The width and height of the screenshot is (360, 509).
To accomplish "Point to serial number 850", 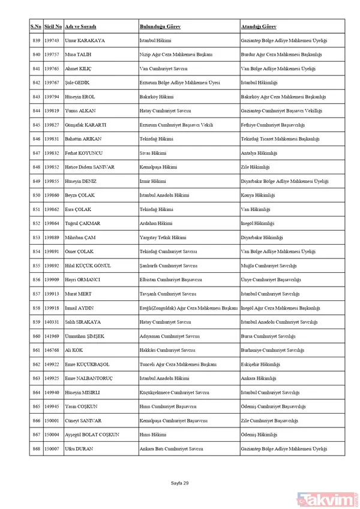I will click(36, 195).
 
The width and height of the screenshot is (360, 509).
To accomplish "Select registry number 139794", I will click(53, 97).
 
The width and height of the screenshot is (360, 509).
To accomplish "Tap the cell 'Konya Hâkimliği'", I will click(257, 195).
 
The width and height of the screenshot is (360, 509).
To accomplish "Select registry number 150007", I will click(53, 448).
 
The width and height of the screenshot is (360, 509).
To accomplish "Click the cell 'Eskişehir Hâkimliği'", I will click(260, 364).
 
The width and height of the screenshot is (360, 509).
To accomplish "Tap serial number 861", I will click(36, 350).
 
